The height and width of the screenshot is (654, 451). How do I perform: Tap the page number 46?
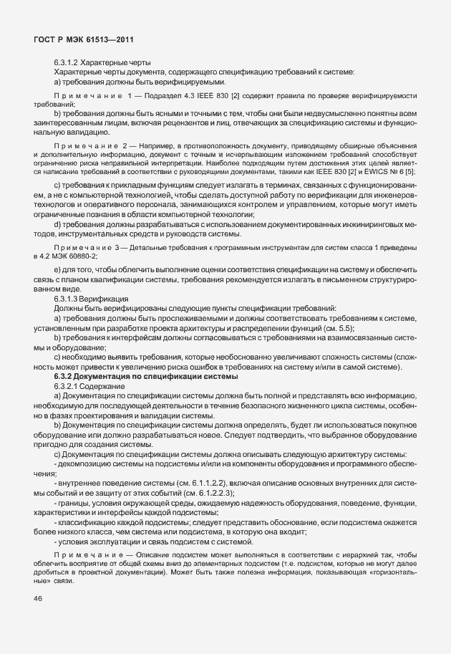37,599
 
